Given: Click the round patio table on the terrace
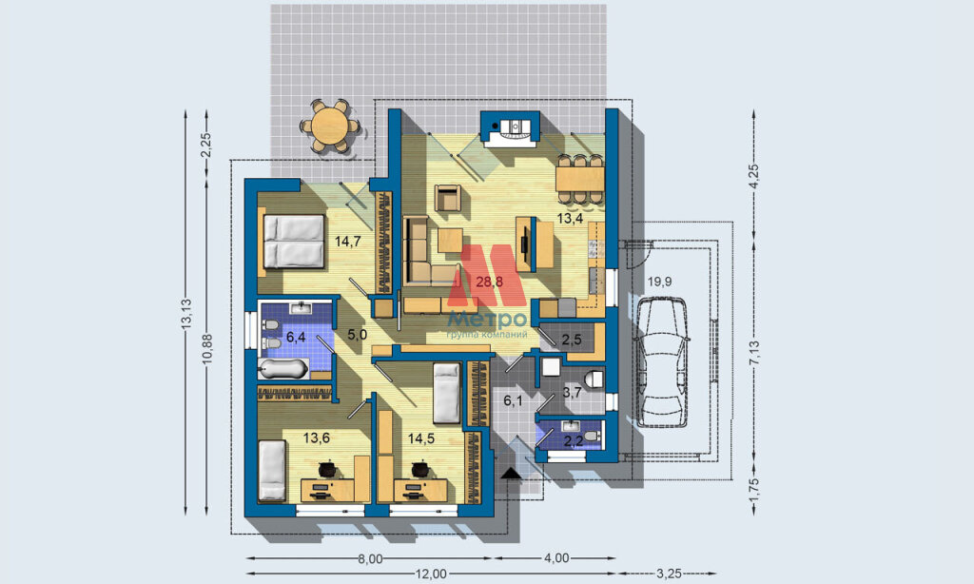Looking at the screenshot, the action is (x=330, y=127).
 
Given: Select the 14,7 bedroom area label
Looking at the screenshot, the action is (x=348, y=242).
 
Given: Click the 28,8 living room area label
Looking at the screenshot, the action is (x=489, y=282).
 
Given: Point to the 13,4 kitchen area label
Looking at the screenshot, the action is (x=570, y=218).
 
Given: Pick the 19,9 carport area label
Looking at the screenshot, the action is (x=659, y=282).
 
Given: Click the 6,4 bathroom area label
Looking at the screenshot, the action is (x=296, y=338).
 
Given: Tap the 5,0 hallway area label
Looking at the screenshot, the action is (x=358, y=335).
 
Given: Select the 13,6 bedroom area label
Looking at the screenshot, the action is (x=316, y=438).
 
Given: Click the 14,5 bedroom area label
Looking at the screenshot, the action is (x=421, y=438).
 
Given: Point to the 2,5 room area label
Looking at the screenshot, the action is (x=572, y=340).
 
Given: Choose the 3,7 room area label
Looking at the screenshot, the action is (x=572, y=392).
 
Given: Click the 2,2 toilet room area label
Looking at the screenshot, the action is (x=573, y=441).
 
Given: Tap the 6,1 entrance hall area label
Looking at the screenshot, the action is (x=513, y=401).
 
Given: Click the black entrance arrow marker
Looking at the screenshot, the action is (x=511, y=474).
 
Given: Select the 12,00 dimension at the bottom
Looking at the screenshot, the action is (x=431, y=574).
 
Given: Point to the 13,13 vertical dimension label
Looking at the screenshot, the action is (x=187, y=315).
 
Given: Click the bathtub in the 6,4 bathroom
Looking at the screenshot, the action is (x=283, y=370).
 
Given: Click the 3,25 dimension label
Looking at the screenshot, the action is (x=669, y=574).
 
